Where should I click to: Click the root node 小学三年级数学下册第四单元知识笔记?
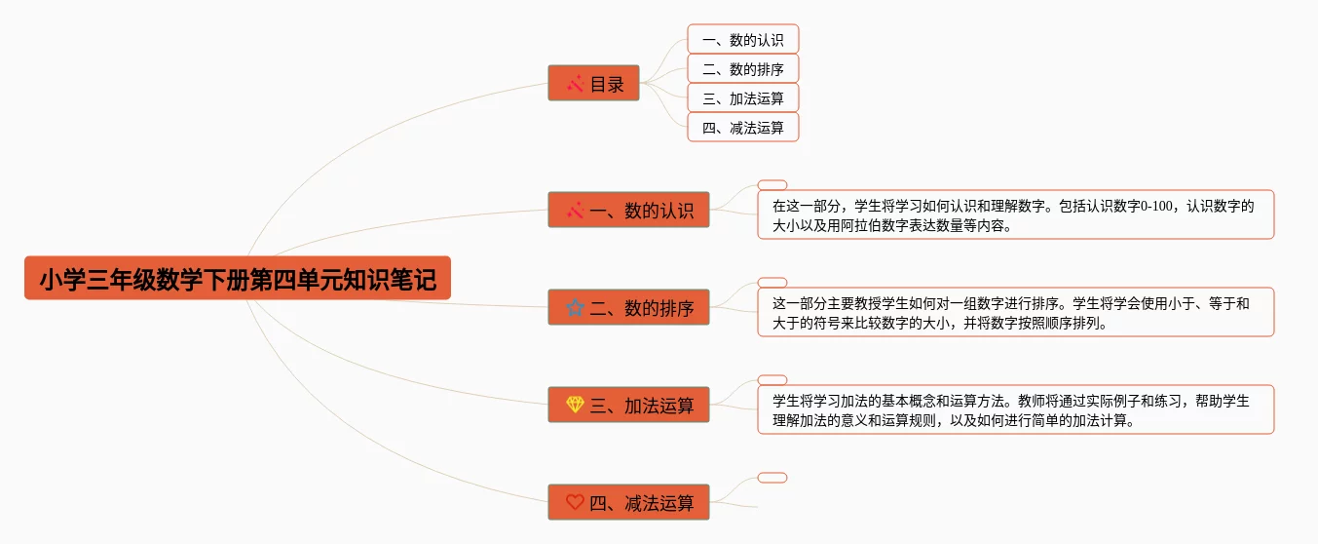(x=238, y=279)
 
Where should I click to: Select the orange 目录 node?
(x=593, y=84)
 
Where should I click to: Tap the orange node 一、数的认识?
(x=628, y=210)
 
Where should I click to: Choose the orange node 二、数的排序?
(x=628, y=307)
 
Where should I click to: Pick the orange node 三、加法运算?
(x=628, y=405)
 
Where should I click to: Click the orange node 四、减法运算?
(x=628, y=502)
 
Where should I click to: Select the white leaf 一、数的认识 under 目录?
(x=742, y=40)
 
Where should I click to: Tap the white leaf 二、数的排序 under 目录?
(x=742, y=69)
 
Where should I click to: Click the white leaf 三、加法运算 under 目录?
(x=742, y=98)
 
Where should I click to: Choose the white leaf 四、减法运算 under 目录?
(x=742, y=128)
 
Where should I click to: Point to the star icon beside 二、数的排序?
(x=575, y=307)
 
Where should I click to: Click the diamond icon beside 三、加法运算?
(x=575, y=405)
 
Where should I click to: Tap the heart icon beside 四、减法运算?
(x=575, y=502)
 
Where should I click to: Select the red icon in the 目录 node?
(x=575, y=84)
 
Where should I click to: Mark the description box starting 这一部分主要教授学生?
(x=1015, y=312)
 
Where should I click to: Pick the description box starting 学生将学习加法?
(x=1015, y=409)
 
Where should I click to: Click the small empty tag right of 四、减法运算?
(x=772, y=478)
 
